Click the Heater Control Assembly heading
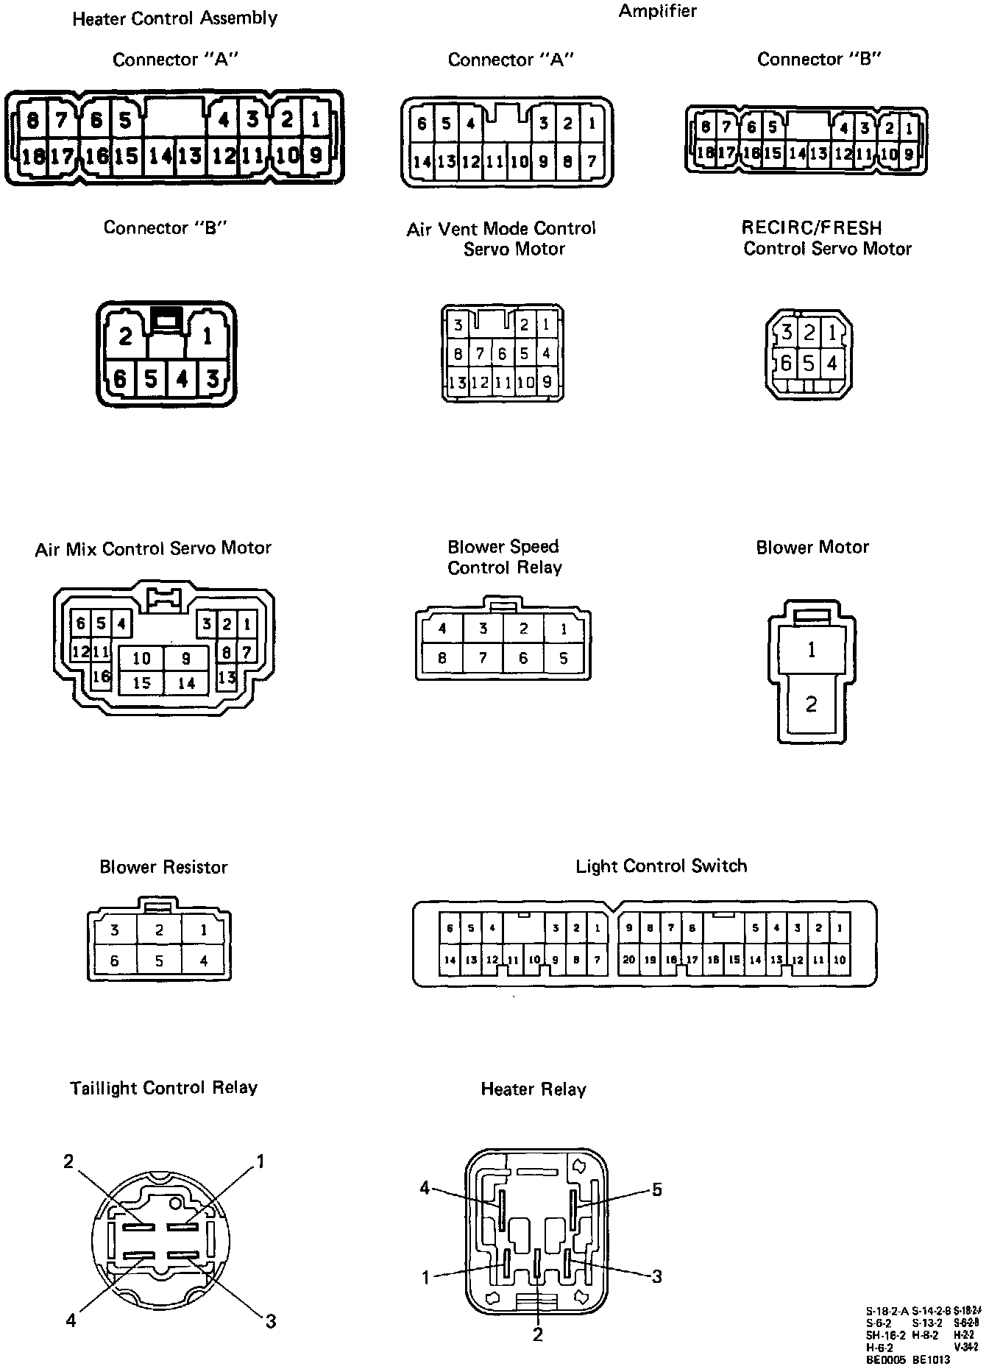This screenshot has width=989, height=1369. coord(174,18)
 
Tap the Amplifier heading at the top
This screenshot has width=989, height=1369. coord(657,11)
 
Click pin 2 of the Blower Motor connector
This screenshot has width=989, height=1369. coord(811,704)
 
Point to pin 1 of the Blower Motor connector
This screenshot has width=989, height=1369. coord(811,650)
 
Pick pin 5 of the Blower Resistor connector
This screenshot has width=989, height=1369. coord(159,961)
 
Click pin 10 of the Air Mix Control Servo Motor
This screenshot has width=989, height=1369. coord(141,658)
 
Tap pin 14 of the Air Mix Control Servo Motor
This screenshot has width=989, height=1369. coord(186,683)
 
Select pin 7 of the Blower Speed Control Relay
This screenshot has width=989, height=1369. coord(483,658)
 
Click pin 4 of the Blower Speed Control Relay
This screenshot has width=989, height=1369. coord(442,629)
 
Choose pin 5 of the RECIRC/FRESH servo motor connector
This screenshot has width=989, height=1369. coord(809,363)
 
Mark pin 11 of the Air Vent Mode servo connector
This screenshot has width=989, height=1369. coord(503,383)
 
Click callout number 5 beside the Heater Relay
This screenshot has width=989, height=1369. coord(657,1189)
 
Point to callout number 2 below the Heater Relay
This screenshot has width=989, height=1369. coord(538,1334)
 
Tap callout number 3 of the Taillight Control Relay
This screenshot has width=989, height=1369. coord(270,1321)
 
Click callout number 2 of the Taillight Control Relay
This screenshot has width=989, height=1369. coord(68,1161)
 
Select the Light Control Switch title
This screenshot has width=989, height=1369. coord(661,866)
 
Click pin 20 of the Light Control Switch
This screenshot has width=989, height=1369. coord(629,960)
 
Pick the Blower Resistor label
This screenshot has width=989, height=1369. coord(163,867)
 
